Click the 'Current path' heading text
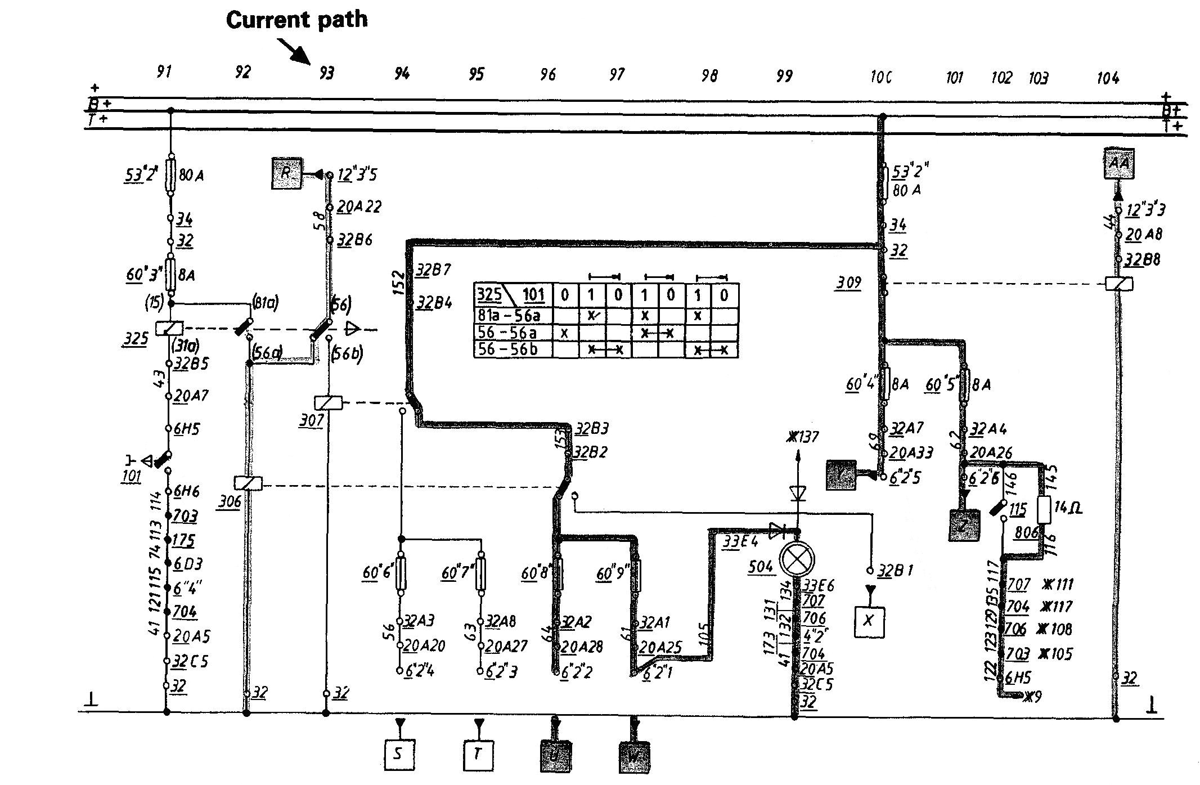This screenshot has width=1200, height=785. click(x=296, y=20)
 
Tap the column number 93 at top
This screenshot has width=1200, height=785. click(x=326, y=73)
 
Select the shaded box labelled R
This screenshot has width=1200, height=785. click(x=286, y=173)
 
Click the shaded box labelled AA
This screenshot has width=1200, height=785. click(x=1118, y=164)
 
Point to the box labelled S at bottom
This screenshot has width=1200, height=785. click(x=399, y=754)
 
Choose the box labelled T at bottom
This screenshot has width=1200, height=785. click(x=478, y=754)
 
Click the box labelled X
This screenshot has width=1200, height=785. click(x=869, y=621)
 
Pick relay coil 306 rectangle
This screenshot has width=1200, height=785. click(x=248, y=483)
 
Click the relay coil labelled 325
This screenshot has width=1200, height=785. click(x=169, y=328)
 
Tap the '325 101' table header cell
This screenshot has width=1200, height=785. click(x=512, y=294)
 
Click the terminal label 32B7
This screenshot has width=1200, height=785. click(x=434, y=270)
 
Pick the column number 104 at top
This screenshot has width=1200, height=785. click(x=1107, y=78)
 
